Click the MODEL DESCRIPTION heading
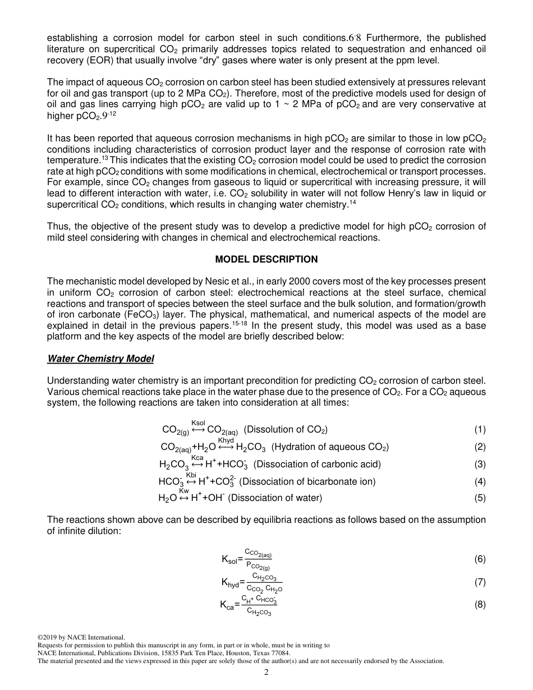(x=266, y=259)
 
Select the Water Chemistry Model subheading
(x=100, y=358)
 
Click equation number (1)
(x=480, y=430)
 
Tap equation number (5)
(x=480, y=498)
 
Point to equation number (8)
(x=480, y=604)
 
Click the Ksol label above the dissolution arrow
(x=198, y=422)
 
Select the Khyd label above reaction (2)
(x=226, y=440)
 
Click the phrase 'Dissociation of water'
(x=275, y=498)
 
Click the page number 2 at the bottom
(x=266, y=672)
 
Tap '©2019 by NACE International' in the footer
(x=80, y=637)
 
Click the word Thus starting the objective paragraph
(x=57, y=226)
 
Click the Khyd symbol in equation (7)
(x=230, y=583)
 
